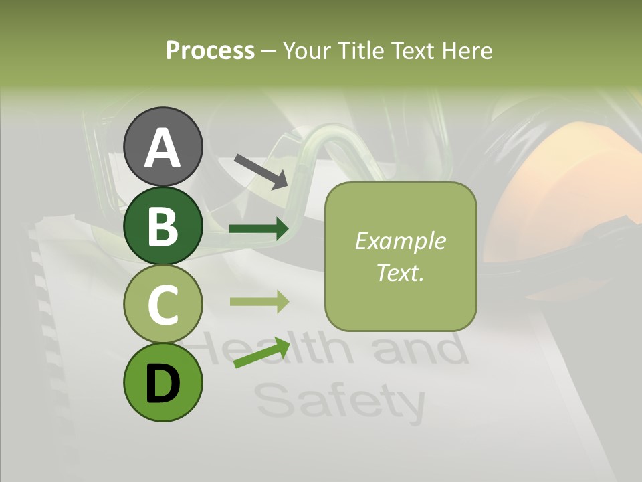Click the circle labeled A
click(163, 147)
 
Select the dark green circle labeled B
click(163, 226)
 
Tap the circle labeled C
click(163, 305)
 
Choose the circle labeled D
click(163, 382)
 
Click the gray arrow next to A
click(261, 171)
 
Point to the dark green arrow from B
click(259, 230)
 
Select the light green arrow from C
click(259, 301)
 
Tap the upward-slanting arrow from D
click(261, 353)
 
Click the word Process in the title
click(210, 50)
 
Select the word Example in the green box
click(401, 241)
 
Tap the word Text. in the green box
click(401, 272)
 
